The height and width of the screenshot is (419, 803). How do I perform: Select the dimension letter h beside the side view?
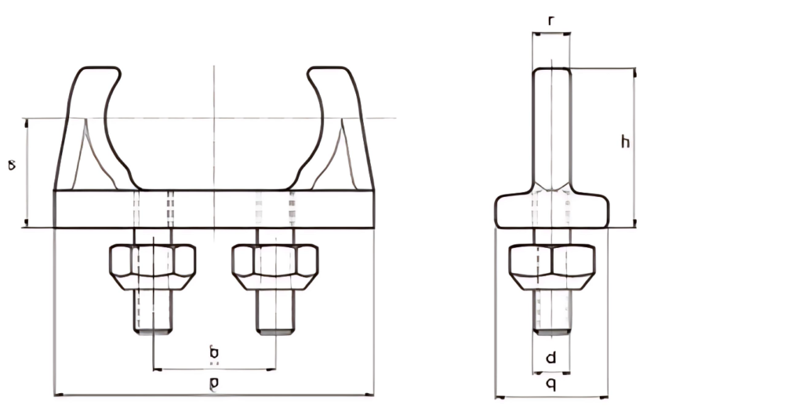click(x=625, y=142)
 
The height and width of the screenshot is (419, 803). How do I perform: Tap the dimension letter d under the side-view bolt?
click(x=551, y=359)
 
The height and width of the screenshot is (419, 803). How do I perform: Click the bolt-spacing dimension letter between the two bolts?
click(x=214, y=354)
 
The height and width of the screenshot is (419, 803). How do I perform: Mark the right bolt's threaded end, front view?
click(x=275, y=314)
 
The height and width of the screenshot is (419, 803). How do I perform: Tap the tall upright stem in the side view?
click(x=551, y=126)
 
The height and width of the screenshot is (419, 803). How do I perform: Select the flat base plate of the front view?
click(x=214, y=209)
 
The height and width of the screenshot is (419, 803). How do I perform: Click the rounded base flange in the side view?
click(x=551, y=212)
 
